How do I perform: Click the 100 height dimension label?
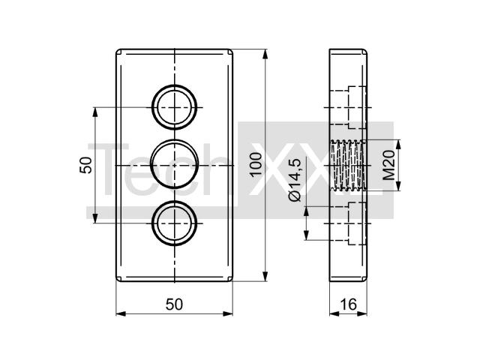click(256, 165)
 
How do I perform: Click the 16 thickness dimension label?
click(348, 304)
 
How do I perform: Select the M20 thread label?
click(388, 165)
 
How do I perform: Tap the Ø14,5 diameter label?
click(295, 181)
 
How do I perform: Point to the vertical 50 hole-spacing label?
click(85, 165)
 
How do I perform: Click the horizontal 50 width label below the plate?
click(174, 304)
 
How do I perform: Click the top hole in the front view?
click(175, 85)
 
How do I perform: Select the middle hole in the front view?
click(175, 140)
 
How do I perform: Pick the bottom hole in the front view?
click(175, 201)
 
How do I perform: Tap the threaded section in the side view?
click(348, 165)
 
